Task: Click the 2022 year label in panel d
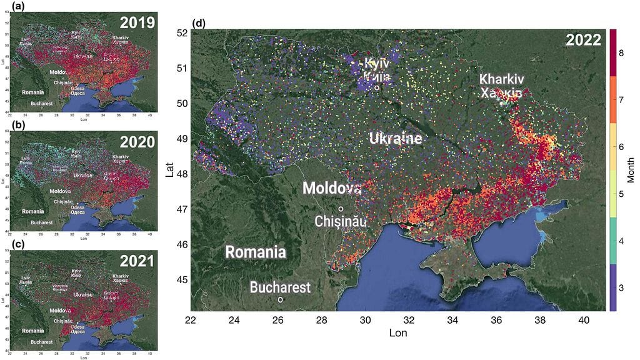[x=583, y=41]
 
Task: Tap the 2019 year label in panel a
[x=137, y=23]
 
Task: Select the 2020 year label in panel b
[x=137, y=142]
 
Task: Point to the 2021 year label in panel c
[x=137, y=261]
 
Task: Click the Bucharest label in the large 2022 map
[x=279, y=287]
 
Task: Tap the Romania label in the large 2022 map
[x=256, y=252]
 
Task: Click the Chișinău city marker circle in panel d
[x=341, y=209]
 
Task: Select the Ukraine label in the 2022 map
[x=394, y=138]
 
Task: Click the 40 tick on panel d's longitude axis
[x=584, y=320]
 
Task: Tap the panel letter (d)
[x=199, y=24]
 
